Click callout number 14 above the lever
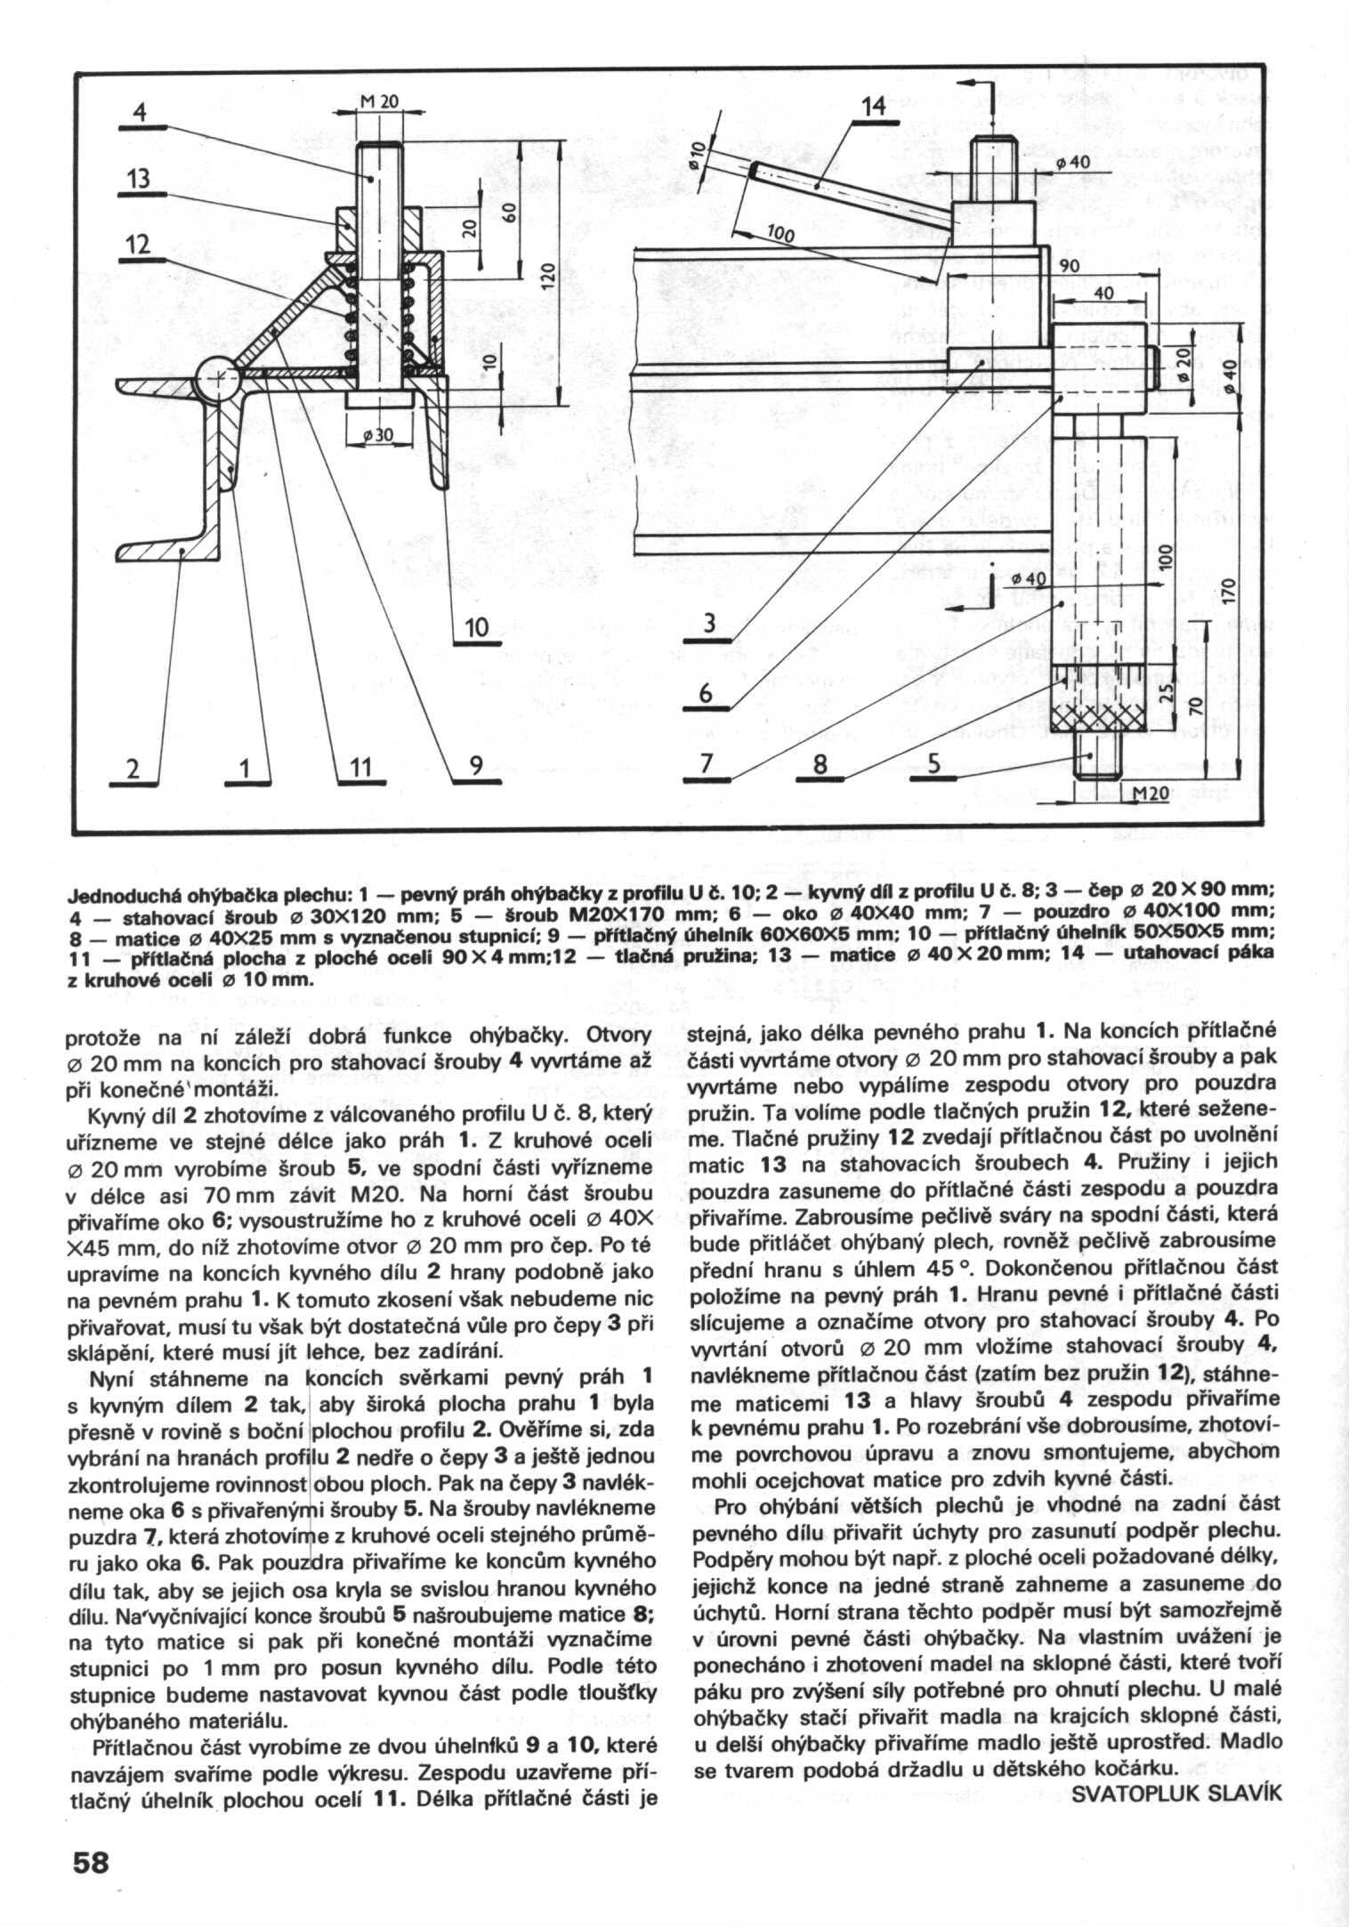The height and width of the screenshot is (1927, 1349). tap(874, 107)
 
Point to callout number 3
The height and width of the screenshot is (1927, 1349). tap(709, 625)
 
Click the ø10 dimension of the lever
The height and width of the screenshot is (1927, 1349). tap(699, 157)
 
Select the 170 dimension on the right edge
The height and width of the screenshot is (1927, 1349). tap(1230, 589)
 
